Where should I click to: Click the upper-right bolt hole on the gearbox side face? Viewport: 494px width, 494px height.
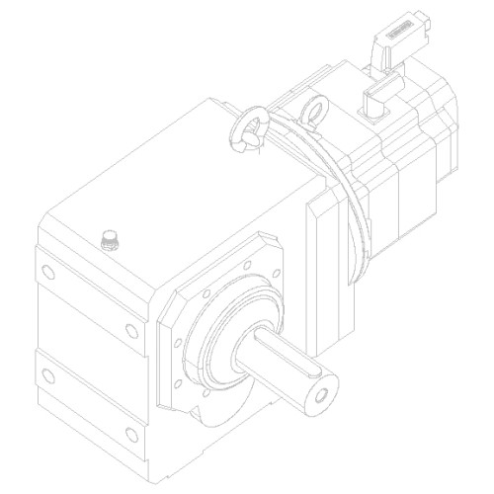pyautogui.click(x=130, y=329)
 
